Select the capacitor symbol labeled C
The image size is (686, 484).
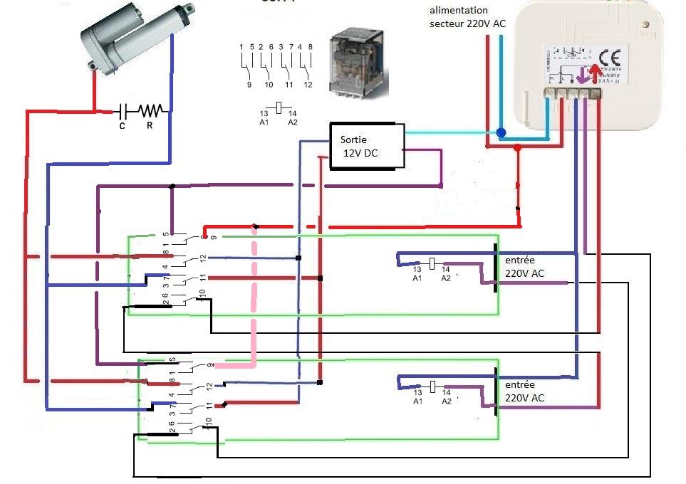pos(123,111)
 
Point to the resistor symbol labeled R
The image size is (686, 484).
pos(151,110)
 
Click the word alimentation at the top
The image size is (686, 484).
pos(459,11)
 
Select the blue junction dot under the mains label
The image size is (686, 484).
pos(501,132)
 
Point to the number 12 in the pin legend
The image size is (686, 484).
pos(308,85)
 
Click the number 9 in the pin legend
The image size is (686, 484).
pos(248,85)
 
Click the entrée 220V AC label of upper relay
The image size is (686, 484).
pos(525,266)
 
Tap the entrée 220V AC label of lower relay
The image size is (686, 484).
pos(525,391)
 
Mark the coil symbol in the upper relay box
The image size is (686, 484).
pos(431,263)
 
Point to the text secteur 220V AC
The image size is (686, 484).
pos(467,23)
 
